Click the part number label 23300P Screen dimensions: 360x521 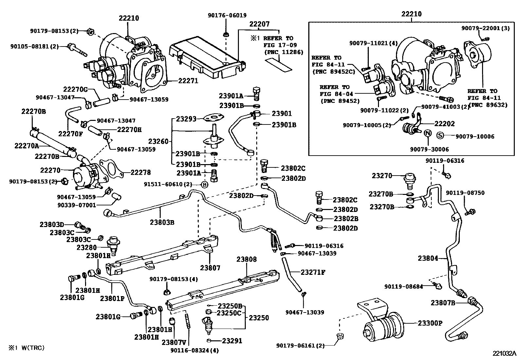pos(430,323)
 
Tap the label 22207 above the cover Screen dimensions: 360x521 pos(259,24)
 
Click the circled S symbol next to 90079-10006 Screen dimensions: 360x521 pos(440,136)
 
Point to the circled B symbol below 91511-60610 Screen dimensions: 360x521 pos(204,184)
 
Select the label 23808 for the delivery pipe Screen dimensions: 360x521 pos(247,259)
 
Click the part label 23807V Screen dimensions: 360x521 pos(174,342)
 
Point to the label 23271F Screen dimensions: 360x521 pos(313,272)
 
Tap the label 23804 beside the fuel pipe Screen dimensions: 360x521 pos(427,258)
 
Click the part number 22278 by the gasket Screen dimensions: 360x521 pos(141,172)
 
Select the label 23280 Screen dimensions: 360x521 pos(86,247)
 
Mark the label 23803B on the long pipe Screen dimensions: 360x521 pos(162,222)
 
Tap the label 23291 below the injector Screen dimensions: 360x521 pos(232,341)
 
